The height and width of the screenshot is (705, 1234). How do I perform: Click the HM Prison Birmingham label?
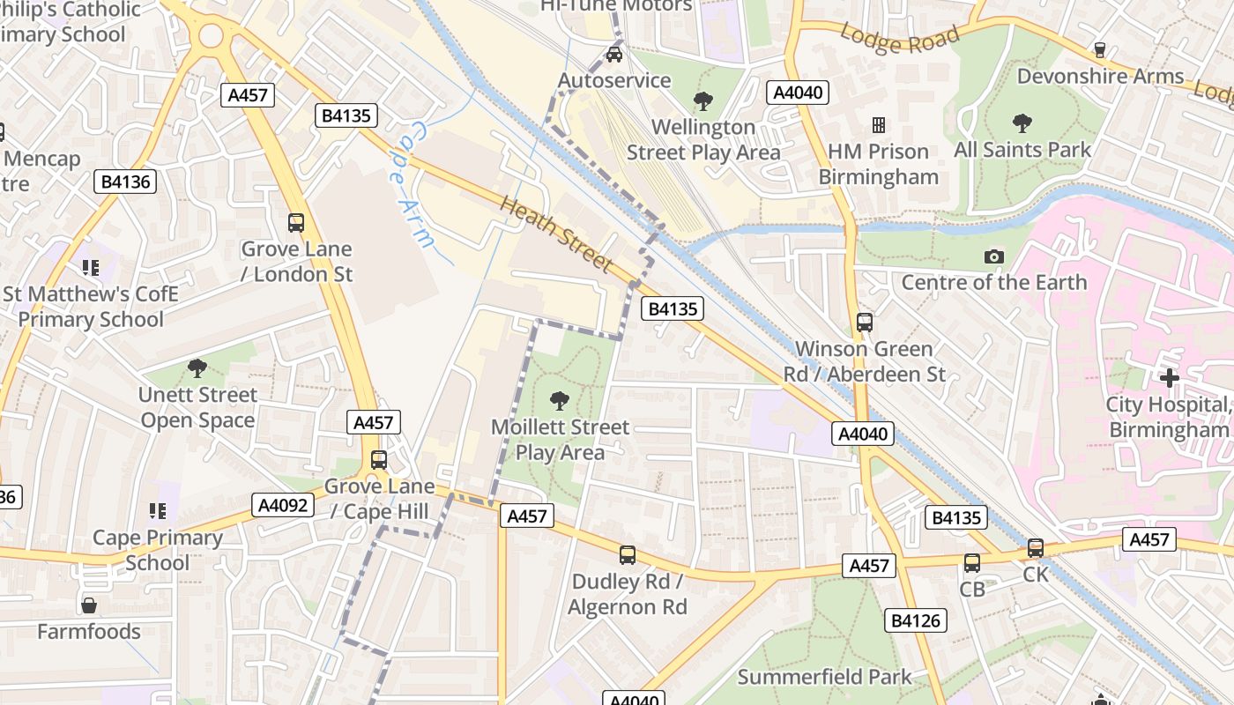click(878, 164)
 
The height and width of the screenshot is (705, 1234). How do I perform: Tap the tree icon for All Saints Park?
click(1022, 122)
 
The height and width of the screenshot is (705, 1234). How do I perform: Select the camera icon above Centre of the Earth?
click(994, 256)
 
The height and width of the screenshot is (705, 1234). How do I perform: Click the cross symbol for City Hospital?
click(1170, 378)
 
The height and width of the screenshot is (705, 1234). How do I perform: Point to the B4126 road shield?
click(916, 620)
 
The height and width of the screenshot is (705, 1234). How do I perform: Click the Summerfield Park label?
click(824, 677)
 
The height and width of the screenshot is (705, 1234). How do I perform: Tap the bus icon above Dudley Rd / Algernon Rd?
click(627, 555)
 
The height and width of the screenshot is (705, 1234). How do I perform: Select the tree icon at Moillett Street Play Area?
click(559, 401)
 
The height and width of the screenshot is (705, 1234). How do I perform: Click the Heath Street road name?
click(556, 234)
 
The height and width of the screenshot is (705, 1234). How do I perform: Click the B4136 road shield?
click(126, 182)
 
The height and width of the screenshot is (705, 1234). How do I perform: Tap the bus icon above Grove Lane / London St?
click(296, 223)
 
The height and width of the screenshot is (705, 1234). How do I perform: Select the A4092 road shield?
click(283, 505)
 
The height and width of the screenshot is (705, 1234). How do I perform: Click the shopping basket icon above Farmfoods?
click(89, 605)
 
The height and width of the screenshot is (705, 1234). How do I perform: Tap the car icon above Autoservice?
click(614, 55)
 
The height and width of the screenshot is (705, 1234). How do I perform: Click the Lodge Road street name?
click(899, 39)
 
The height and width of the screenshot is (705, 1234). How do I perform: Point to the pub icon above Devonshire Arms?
click(1099, 49)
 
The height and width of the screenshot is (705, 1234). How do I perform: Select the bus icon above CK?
click(1036, 548)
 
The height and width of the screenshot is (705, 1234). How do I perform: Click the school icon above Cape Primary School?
click(158, 511)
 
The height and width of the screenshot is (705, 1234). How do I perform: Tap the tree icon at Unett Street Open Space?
click(197, 368)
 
